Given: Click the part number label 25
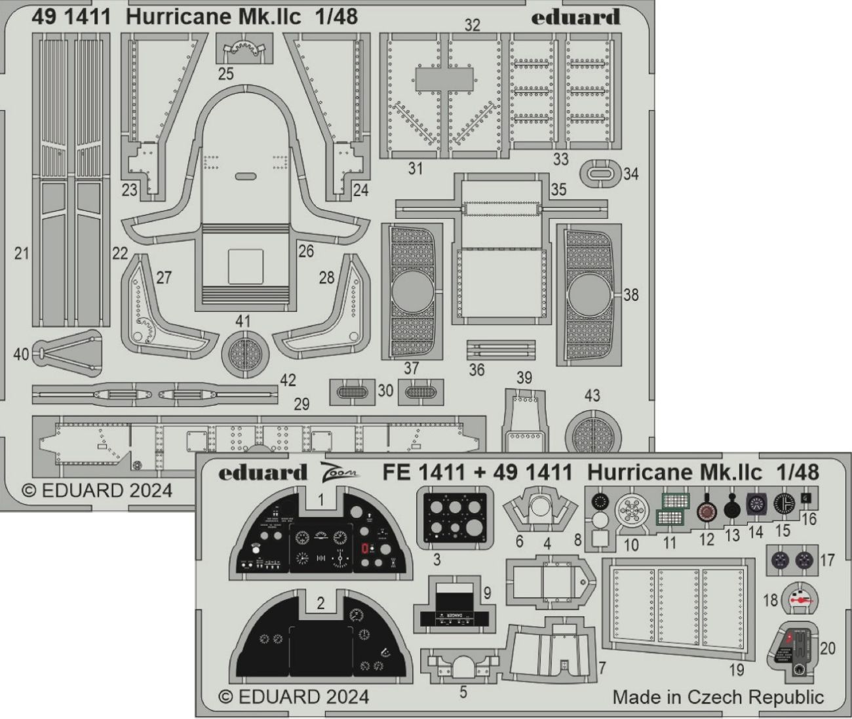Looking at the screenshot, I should [x=225, y=73].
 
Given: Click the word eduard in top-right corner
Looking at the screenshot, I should [x=575, y=18].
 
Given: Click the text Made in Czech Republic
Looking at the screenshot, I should [x=718, y=697].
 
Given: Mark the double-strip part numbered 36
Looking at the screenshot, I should [x=501, y=348].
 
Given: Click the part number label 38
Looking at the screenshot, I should [x=630, y=295].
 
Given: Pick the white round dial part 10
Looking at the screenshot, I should [x=632, y=512].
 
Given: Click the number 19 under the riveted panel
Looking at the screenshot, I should [x=736, y=670].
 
